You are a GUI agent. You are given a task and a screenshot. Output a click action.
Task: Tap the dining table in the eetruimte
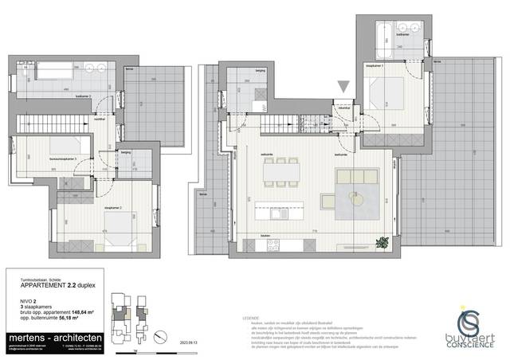coord(281,169)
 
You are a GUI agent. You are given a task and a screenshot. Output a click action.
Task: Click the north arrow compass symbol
coord(160,334)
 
